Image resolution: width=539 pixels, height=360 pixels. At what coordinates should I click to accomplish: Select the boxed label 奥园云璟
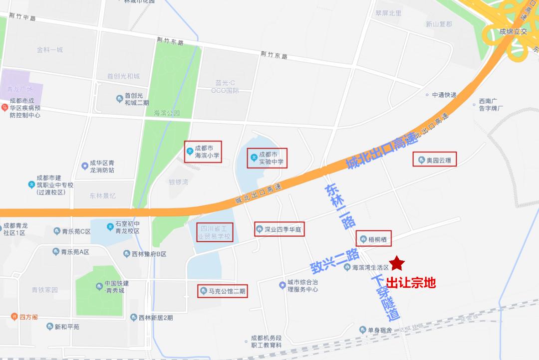435,161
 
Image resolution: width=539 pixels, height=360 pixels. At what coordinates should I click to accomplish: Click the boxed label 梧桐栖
374,239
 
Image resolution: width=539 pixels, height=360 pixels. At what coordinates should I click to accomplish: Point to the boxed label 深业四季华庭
279,229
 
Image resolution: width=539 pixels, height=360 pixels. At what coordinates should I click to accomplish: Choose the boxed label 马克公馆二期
222,291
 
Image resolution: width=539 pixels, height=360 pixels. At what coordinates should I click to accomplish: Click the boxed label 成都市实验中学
268,158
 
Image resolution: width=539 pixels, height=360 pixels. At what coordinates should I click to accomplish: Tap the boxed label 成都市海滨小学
203,151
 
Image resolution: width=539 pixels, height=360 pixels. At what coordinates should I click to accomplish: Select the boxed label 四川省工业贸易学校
214,232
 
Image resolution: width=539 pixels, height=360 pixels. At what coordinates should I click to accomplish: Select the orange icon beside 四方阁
14,317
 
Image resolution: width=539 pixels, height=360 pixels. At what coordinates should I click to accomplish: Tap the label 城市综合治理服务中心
302,286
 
